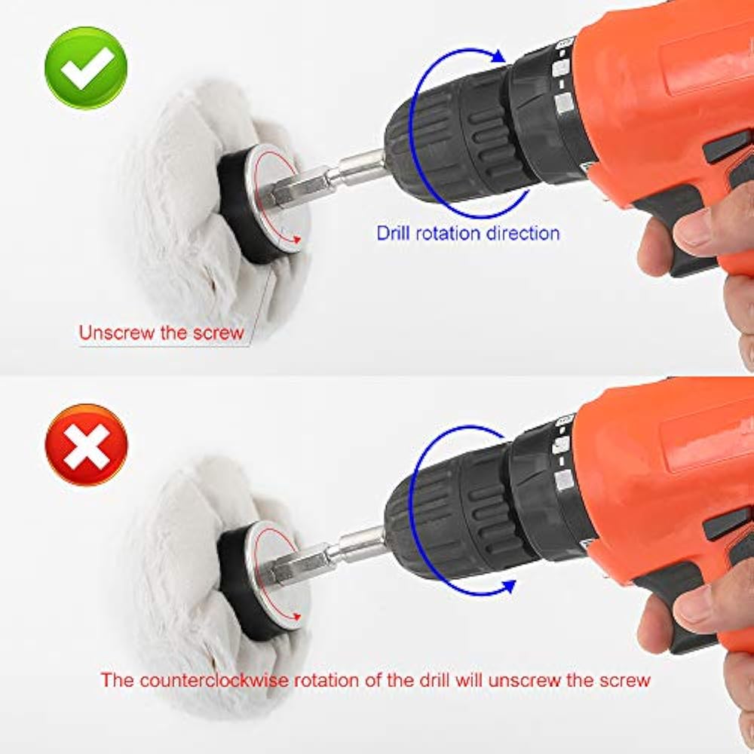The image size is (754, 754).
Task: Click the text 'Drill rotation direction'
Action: click(x=467, y=232)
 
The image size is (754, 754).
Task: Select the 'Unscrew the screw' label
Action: click(x=162, y=333)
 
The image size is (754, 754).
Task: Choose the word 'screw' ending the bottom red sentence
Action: click(x=622, y=679)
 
